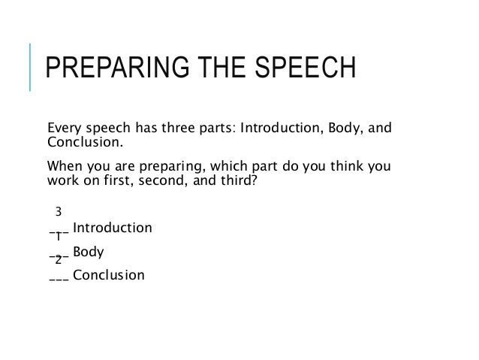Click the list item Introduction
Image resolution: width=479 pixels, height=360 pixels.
pos(113,227)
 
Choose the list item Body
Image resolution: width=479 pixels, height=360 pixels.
pos(89,252)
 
